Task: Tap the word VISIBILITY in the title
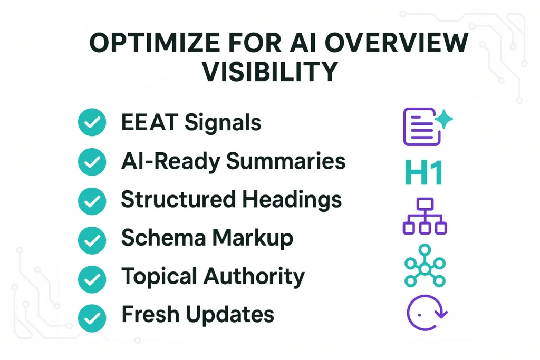269,72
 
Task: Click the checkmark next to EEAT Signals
92,123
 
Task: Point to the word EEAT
148,123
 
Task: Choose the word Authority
262,277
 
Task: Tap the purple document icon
420,127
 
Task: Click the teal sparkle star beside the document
444,121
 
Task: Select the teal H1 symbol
423,173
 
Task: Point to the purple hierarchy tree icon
425,217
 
